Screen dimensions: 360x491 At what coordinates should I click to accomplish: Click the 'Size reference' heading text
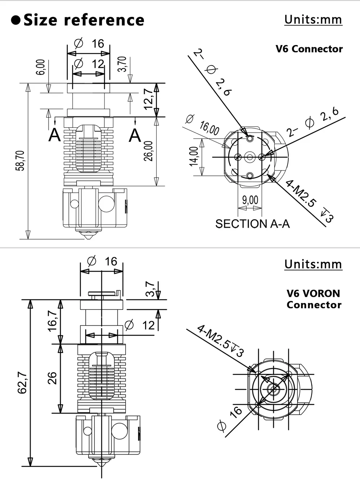tap(84, 20)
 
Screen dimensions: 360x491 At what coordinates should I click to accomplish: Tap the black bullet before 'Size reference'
tap(15, 20)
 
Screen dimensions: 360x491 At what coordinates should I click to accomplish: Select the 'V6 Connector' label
tap(309, 49)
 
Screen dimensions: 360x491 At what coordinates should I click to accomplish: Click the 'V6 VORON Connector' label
tap(314, 299)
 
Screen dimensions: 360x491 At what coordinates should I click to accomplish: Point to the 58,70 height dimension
tap(20, 161)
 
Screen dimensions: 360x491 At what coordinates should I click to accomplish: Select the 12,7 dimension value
tap(148, 99)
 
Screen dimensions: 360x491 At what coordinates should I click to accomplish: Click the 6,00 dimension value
tap(41, 67)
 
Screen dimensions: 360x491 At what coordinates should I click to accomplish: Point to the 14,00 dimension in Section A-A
tap(194, 156)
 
